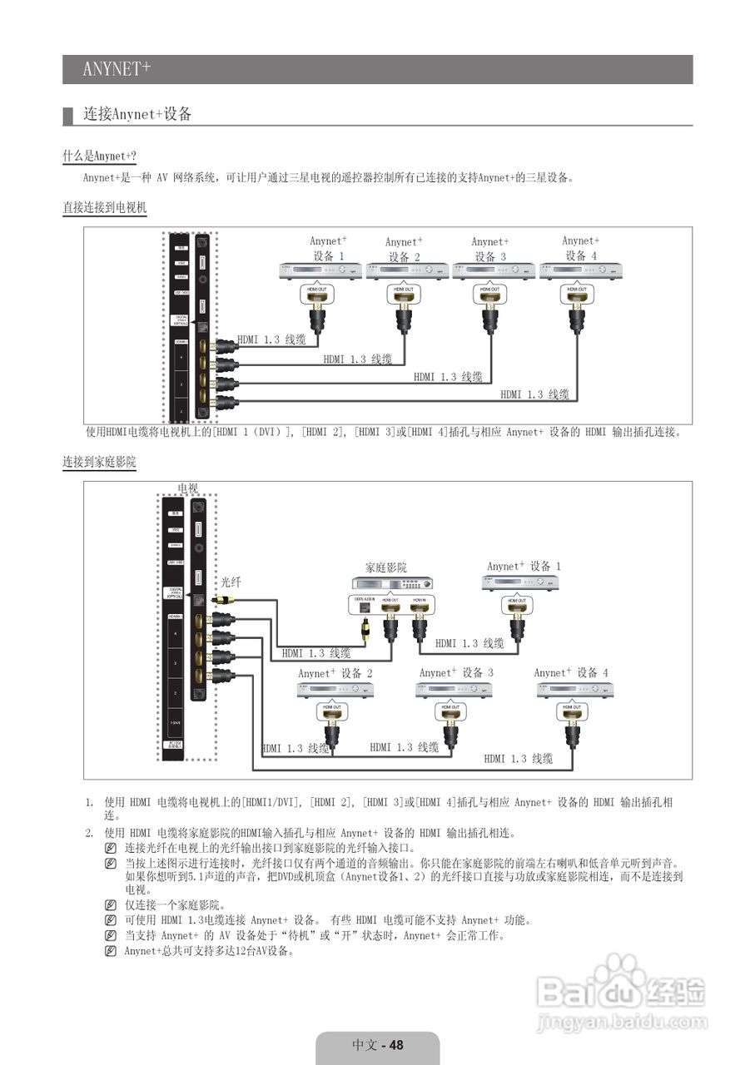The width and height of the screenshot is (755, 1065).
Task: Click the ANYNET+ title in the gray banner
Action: (117, 69)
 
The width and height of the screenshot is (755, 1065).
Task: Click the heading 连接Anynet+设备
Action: (137, 115)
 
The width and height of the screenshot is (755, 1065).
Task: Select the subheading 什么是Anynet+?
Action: (99, 156)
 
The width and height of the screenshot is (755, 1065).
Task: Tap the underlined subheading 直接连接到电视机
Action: (104, 208)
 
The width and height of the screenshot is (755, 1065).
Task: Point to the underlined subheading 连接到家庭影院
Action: (99, 462)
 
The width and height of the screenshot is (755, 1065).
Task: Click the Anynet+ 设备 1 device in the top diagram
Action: (320, 270)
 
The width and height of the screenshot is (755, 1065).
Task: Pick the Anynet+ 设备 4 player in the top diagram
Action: (580, 270)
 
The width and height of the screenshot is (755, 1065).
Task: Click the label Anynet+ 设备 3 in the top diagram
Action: (490, 249)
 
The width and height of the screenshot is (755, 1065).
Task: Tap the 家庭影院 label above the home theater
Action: (386, 567)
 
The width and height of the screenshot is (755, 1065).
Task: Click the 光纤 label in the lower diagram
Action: (231, 582)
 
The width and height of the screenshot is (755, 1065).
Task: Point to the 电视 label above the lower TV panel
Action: (188, 488)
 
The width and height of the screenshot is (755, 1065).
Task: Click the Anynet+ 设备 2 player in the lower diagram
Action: (335, 690)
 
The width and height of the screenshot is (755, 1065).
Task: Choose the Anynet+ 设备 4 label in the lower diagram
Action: (571, 672)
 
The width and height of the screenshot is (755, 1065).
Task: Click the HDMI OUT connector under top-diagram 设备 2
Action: (405, 294)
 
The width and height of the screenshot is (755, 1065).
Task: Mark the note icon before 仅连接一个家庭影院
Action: (111, 905)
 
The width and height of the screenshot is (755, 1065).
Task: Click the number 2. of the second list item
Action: (89, 833)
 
